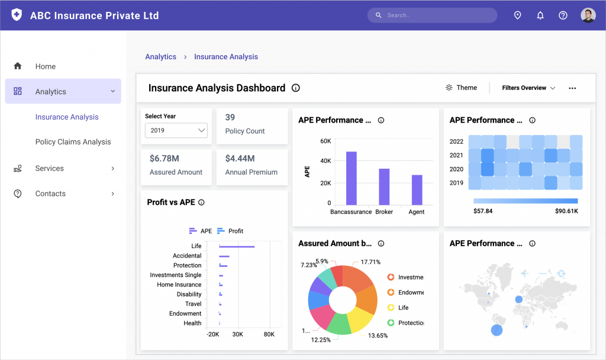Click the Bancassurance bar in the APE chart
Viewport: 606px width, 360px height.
pyautogui.click(x=352, y=178)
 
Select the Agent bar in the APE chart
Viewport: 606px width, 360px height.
pyautogui.click(x=417, y=189)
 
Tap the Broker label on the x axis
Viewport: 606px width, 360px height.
pyautogui.click(x=384, y=211)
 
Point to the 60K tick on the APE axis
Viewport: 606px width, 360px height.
pyautogui.click(x=325, y=141)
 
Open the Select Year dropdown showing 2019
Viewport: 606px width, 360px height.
pyautogui.click(x=176, y=130)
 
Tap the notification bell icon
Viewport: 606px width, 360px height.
pyautogui.click(x=540, y=15)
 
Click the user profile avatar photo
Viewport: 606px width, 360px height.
pyautogui.click(x=588, y=15)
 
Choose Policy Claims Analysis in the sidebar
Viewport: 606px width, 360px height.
pyautogui.click(x=73, y=142)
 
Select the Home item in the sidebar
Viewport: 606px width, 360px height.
pyautogui.click(x=45, y=66)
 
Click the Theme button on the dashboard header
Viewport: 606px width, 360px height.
pyautogui.click(x=461, y=88)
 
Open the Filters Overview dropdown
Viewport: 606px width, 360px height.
pyautogui.click(x=528, y=88)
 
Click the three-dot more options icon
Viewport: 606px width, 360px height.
pyautogui.click(x=572, y=88)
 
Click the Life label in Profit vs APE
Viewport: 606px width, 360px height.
pyautogui.click(x=196, y=246)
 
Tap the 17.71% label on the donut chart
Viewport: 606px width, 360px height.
pyautogui.click(x=370, y=262)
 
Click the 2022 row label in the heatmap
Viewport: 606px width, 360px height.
pyautogui.click(x=456, y=142)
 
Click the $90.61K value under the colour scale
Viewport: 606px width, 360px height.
pyautogui.click(x=566, y=211)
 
